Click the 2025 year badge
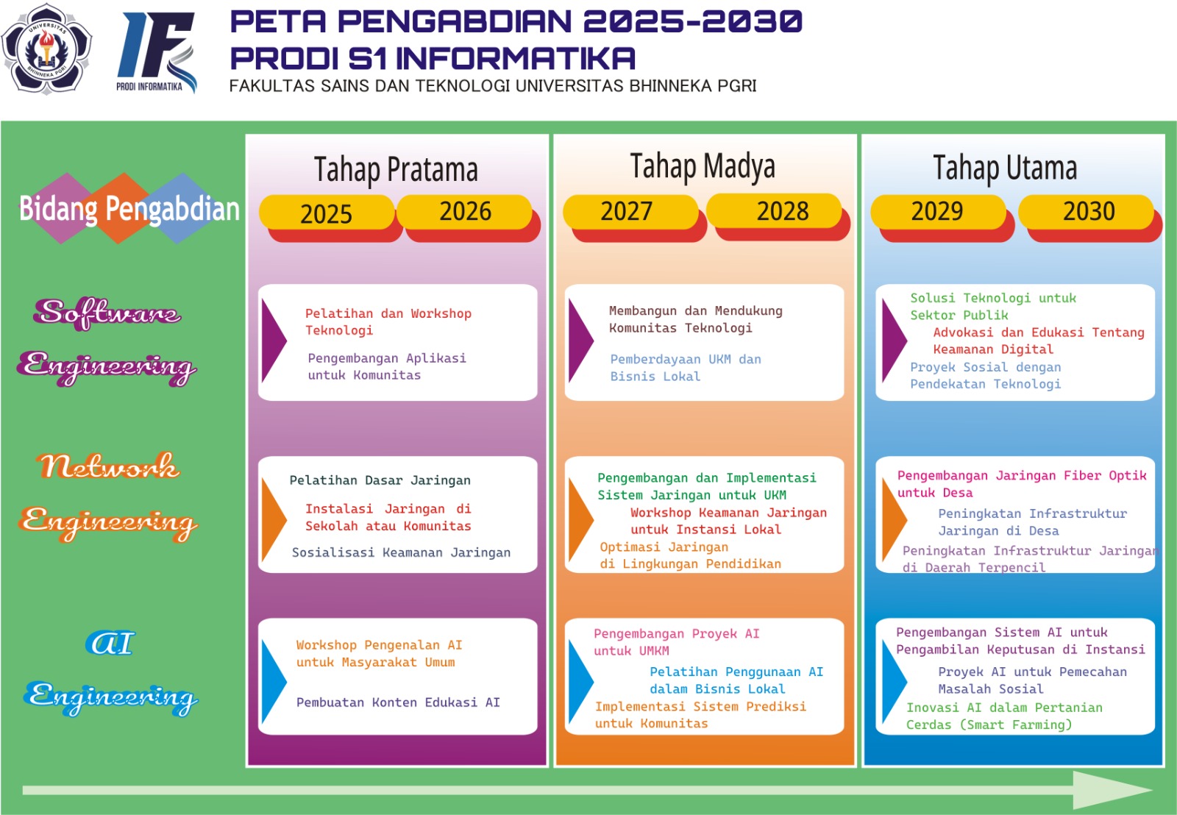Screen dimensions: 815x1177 pos(326,214)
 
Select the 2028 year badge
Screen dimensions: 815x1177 pos(782,212)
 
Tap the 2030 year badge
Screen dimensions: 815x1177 pos(1088,212)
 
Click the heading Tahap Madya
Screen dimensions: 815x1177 pos(703,167)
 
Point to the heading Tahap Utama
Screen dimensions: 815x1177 pos(1005,168)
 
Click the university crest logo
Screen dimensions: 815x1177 pos(47,49)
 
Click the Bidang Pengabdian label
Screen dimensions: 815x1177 pos(129,209)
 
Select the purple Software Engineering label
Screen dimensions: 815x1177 pos(107,340)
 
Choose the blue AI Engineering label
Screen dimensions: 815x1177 pos(110,671)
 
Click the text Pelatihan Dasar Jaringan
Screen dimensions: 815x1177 pos(380,480)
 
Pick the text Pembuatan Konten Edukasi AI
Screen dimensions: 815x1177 pos(398,702)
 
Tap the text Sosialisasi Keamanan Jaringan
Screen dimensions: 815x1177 pos(401,552)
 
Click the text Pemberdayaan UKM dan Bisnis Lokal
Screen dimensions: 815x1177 pos(685,368)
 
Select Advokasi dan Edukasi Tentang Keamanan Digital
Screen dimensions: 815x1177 pos(1038,341)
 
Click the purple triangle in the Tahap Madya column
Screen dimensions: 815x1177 pos(580,340)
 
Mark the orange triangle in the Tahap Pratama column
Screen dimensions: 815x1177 pos(273,515)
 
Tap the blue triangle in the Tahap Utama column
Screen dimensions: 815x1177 pos(893,676)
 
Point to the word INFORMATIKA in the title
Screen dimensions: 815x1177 pos(516,58)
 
